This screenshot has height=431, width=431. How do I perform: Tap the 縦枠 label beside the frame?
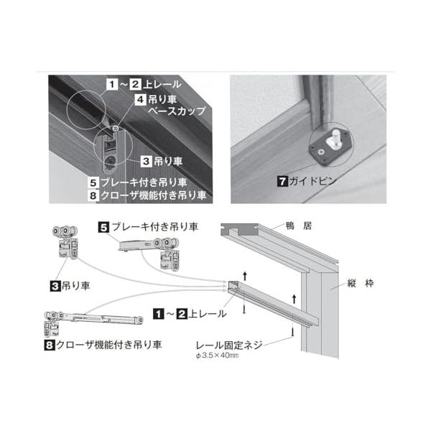pos(361,283)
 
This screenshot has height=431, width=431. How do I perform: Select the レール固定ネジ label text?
pos(229,345)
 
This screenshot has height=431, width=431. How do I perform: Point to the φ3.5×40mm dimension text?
pos(217,356)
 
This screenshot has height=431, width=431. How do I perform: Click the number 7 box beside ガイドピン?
pos(283,182)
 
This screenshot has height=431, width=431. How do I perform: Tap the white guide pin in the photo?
pos(335,139)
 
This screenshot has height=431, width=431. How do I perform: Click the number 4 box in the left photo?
pos(140,99)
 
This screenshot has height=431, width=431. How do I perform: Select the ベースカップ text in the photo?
pos(177,111)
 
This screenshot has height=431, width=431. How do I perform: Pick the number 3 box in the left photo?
pos(146,161)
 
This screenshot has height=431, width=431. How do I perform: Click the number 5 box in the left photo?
pos(93,182)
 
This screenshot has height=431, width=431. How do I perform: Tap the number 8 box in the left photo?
pos(93,195)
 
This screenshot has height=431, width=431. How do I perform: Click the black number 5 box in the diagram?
pos(103,227)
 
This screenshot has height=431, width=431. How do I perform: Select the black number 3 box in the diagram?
pos(55,287)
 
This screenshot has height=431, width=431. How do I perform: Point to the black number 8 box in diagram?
pos(49,345)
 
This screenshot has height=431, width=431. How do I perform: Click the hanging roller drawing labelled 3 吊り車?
pos(65,242)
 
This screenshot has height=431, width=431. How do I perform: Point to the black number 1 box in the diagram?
pos(159,314)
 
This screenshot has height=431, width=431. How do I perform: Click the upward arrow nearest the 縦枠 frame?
pos(294,299)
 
